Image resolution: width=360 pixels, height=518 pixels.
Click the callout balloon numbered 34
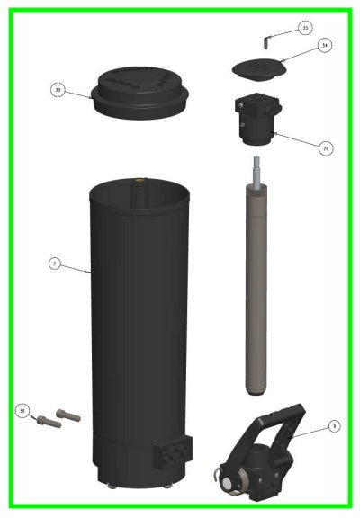tap(325, 44)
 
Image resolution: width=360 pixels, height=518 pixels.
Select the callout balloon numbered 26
tap(325, 148)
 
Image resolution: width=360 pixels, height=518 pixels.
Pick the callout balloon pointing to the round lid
tap(58, 90)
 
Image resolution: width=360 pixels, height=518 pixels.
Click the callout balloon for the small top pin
tap(304, 28)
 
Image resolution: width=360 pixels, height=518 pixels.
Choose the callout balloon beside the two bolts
tap(22, 410)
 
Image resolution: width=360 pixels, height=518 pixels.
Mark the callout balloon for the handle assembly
tap(333, 424)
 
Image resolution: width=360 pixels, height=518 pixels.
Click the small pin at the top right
tap(266, 40)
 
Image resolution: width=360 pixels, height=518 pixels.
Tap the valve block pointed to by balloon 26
tap(256, 121)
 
